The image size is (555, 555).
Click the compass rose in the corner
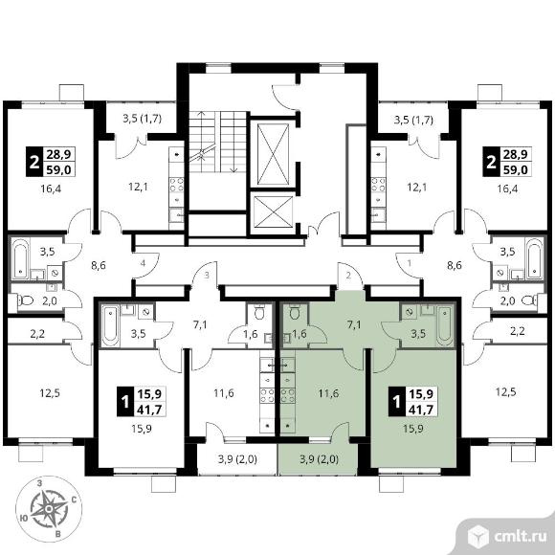point(49,509)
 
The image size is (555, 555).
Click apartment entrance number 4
point(143,263)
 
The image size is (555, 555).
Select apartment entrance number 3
point(207,275)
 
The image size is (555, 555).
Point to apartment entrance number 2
point(348,275)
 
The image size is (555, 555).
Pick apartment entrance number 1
point(410,263)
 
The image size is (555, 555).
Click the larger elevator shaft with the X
point(273,154)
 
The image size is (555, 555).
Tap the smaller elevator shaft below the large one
point(273,211)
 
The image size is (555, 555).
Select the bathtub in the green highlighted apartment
point(444,325)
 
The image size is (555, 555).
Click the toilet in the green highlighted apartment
point(294,312)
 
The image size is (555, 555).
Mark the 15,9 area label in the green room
point(413,429)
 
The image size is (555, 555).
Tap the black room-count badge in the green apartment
point(397,401)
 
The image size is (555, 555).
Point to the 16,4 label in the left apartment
point(51,189)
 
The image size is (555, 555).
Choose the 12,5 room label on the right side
point(506,392)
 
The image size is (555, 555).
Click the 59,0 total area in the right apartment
point(517,170)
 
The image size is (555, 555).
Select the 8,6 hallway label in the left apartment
point(99,265)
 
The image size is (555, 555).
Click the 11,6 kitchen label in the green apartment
point(328,393)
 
